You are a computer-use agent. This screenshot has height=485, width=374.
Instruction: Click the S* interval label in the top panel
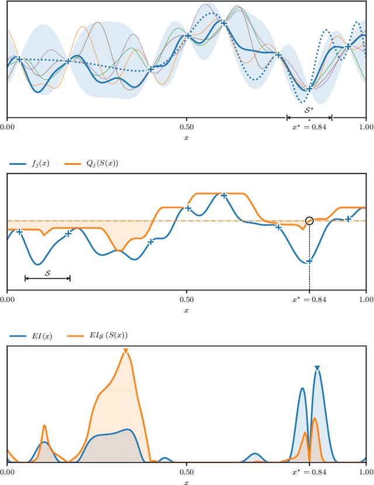[309, 109]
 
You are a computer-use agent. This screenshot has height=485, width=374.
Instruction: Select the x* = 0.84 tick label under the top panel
[309, 126]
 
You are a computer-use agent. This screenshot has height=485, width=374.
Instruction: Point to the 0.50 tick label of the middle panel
[186, 299]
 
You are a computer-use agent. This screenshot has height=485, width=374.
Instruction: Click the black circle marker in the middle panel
[309, 220]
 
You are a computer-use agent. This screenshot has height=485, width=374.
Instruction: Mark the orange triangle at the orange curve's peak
[125, 351]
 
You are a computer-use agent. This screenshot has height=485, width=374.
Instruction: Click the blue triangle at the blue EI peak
[317, 368]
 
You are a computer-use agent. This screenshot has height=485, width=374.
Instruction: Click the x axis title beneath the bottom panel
[186, 482]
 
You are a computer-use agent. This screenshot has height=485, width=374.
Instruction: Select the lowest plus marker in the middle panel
[309, 261]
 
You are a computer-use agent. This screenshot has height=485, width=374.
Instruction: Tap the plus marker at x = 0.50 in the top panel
[188, 36]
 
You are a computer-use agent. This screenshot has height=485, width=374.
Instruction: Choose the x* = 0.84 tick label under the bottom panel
[309, 471]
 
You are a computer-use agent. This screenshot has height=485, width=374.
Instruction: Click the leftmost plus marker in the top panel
[19, 59]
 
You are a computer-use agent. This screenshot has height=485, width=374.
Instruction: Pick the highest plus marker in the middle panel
[223, 195]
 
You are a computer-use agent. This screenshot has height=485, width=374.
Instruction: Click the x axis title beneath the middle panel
[186, 310]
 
